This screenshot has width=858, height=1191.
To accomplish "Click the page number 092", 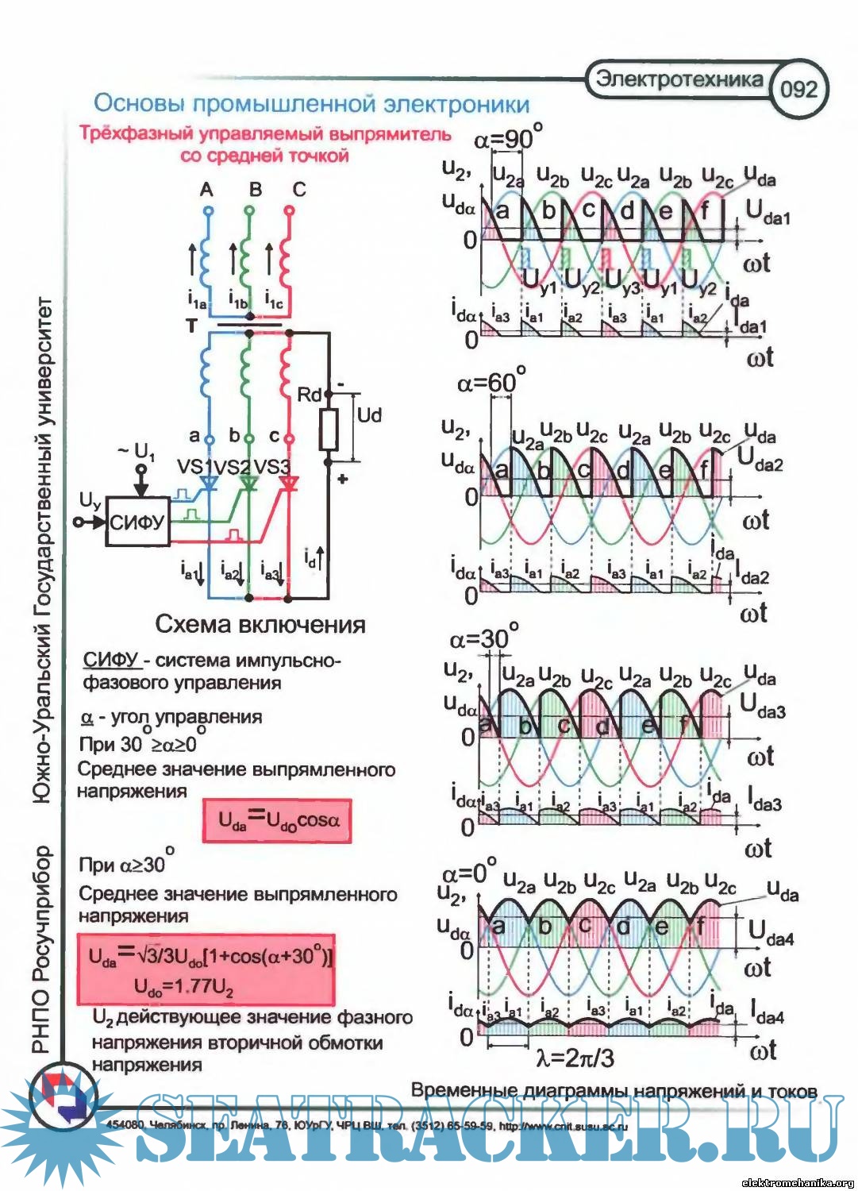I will (798, 88).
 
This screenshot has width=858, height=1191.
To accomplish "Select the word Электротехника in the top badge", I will (678, 79).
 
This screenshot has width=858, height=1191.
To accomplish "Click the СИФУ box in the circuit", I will (137, 522).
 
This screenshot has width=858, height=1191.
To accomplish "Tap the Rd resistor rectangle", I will (329, 430).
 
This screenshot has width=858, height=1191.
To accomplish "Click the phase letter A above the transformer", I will (207, 190).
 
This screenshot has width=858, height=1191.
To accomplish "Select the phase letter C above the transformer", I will (299, 190).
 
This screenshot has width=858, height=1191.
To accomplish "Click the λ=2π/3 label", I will (575, 1058).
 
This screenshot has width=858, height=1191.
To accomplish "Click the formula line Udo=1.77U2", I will (184, 988).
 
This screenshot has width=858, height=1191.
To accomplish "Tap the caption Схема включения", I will (260, 625).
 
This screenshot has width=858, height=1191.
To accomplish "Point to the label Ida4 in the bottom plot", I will (767, 1013).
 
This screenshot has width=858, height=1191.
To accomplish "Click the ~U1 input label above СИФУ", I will (137, 452).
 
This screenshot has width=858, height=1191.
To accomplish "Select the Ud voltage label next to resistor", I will (369, 415).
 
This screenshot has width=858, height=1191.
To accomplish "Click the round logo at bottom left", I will (63, 1099).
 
